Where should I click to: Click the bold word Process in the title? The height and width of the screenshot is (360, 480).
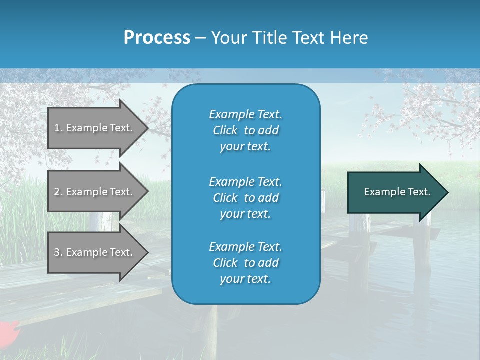[x=157, y=38]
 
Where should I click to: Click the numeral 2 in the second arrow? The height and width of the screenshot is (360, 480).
[x=57, y=192]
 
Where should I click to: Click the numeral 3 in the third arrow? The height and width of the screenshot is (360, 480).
[x=57, y=252]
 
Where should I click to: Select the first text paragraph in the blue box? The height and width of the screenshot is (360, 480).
[x=245, y=130]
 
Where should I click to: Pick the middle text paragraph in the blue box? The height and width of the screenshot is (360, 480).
[x=245, y=198]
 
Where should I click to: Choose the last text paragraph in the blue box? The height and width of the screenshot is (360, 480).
[x=245, y=263]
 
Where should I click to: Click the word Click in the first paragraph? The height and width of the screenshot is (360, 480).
[x=225, y=130]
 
